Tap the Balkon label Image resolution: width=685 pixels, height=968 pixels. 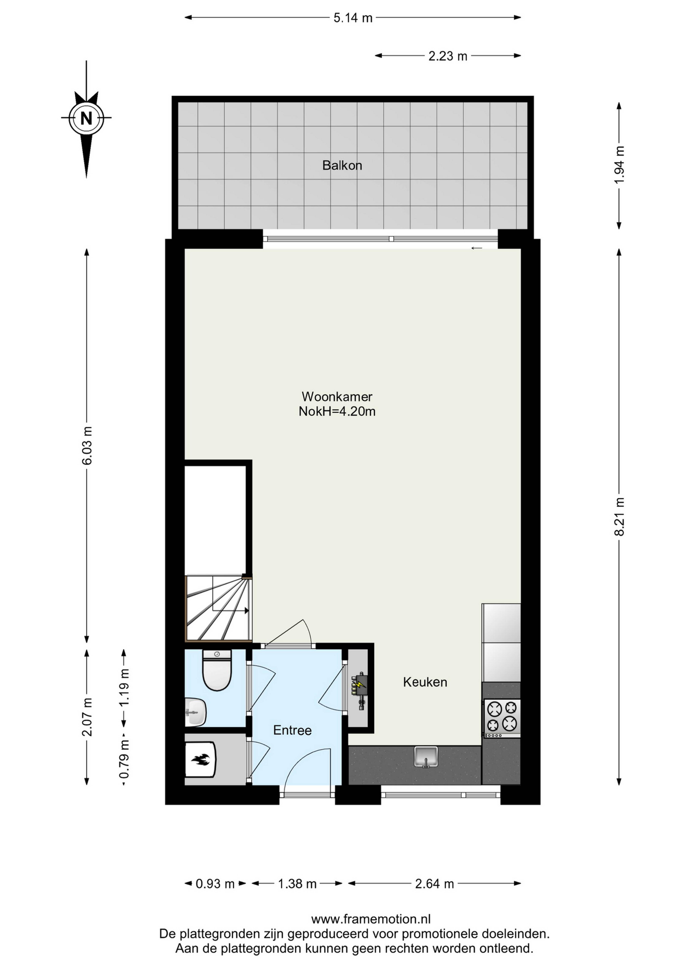point(342,165)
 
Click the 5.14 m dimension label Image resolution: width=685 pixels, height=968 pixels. point(353,18)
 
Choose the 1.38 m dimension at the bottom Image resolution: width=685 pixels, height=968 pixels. point(297,884)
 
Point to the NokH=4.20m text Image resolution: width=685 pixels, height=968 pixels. point(337,411)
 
